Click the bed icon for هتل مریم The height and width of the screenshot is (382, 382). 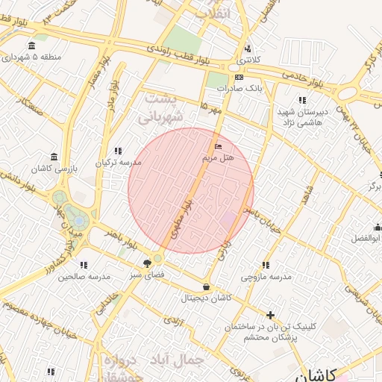coord(218,145)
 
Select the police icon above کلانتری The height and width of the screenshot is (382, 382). coord(247,48)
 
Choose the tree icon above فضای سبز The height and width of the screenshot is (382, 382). coord(146,263)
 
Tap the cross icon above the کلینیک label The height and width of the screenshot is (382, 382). coord(270,316)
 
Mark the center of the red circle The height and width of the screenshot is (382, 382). coord(191,191)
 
